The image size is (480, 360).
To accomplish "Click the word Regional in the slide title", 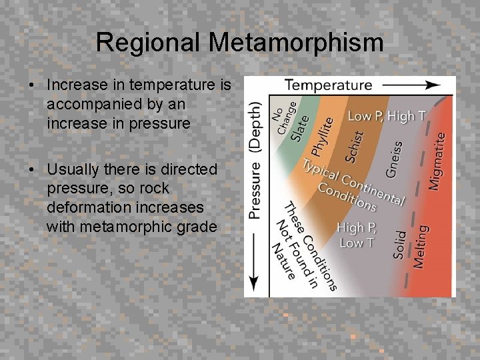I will [x=148, y=43].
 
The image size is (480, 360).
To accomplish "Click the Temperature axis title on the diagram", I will [x=328, y=85].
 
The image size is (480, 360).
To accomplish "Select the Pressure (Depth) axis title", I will [x=255, y=161].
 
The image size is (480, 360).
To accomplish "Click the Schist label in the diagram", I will [x=355, y=145].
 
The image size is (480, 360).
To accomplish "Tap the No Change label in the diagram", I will [x=284, y=117].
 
